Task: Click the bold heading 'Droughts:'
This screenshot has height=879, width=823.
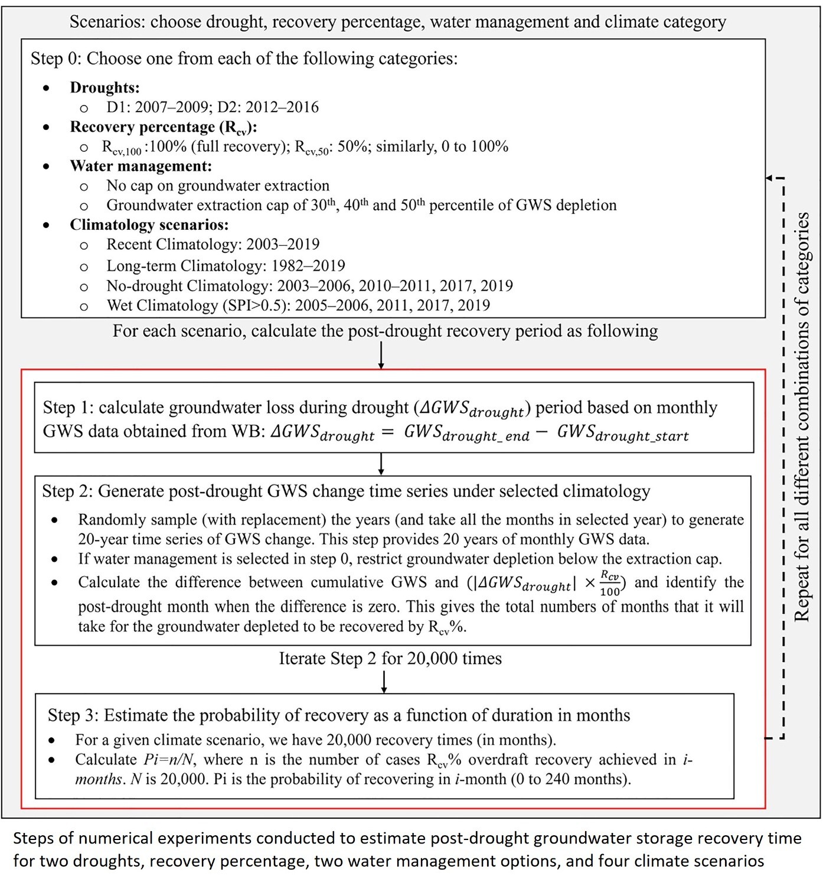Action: [x=104, y=87]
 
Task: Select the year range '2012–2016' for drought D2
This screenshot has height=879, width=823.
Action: [x=282, y=107]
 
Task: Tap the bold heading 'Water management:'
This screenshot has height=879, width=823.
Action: [x=141, y=166]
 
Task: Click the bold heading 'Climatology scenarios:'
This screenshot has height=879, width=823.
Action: [x=149, y=224]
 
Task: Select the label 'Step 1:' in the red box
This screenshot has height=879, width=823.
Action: [x=68, y=408]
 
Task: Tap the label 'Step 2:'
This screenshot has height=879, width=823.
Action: [x=67, y=491]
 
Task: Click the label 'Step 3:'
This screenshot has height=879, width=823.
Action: [x=73, y=715]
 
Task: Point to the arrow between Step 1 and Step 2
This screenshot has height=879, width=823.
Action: [x=381, y=464]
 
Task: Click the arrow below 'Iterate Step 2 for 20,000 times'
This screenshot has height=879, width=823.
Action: [x=384, y=682]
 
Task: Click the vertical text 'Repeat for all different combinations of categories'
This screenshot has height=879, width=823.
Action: [x=801, y=416]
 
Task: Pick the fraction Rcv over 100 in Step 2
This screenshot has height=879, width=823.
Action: [x=610, y=583]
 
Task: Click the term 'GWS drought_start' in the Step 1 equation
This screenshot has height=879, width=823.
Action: [x=623, y=433]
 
